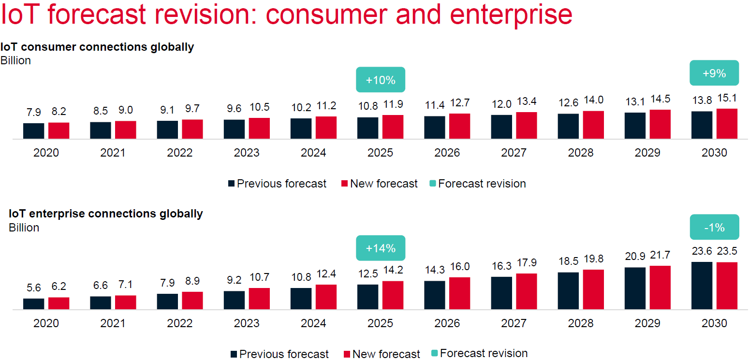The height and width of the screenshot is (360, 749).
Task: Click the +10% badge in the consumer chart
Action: [x=381, y=80]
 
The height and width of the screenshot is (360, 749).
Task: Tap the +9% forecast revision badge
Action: [x=714, y=73]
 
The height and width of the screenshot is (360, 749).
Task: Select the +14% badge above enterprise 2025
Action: [x=381, y=248]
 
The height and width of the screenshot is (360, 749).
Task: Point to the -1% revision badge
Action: [x=714, y=227]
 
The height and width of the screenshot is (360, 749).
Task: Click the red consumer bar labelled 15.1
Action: [x=727, y=124]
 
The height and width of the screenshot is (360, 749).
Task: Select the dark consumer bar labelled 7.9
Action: [x=33, y=131]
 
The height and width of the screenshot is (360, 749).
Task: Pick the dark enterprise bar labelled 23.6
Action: [x=702, y=285]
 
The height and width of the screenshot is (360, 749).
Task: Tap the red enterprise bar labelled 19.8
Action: [x=593, y=289]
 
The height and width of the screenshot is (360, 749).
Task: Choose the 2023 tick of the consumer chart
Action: [x=247, y=153]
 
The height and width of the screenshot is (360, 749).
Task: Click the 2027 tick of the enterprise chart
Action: [x=514, y=323]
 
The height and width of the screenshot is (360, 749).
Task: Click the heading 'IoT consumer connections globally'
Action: [x=97, y=47]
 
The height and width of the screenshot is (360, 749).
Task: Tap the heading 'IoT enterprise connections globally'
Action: [x=106, y=214]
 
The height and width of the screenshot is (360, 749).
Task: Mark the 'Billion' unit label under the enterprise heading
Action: [x=24, y=227]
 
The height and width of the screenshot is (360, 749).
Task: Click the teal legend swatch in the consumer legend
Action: [x=432, y=184]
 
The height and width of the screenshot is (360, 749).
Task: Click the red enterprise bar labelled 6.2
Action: [x=59, y=303]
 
